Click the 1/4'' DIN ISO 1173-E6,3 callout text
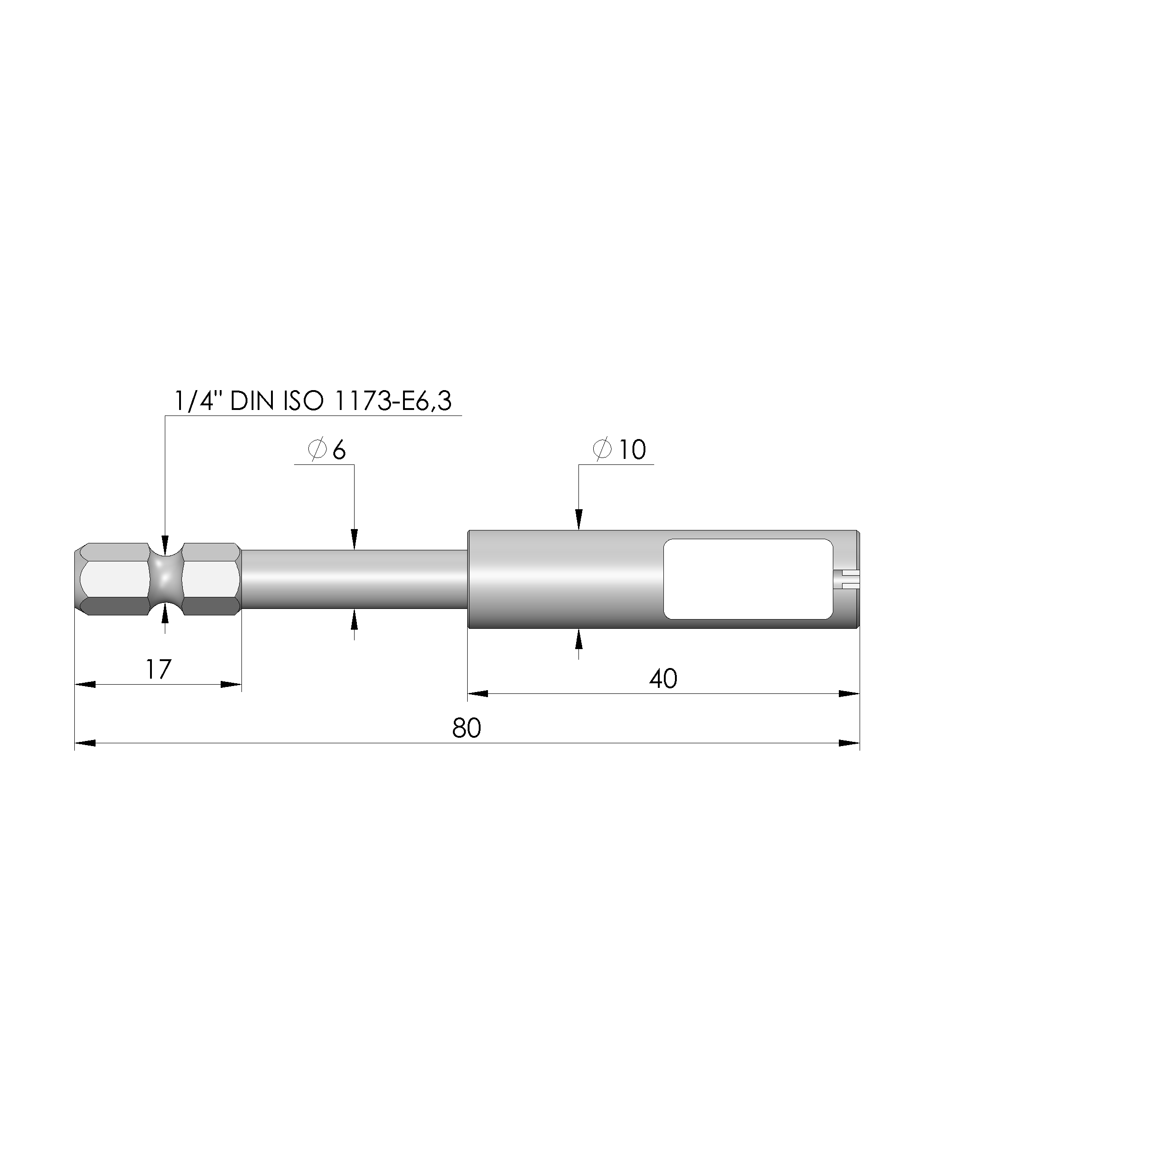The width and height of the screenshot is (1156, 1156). pyautogui.click(x=313, y=401)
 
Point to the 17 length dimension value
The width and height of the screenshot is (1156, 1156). pyautogui.click(x=158, y=669)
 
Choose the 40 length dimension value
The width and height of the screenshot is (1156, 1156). pyautogui.click(x=663, y=679)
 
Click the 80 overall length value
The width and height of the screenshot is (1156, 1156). pyautogui.click(x=467, y=728)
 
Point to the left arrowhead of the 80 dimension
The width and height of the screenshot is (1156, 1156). pyautogui.click(x=85, y=743)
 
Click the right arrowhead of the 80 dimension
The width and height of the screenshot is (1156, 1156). pyautogui.click(x=849, y=743)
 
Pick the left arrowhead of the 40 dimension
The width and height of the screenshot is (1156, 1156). pyautogui.click(x=477, y=693)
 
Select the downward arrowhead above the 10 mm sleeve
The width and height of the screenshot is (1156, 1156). pyautogui.click(x=578, y=519)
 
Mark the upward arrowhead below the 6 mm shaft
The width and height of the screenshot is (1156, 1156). pyautogui.click(x=354, y=620)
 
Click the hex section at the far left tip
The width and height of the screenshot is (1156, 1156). pyautogui.click(x=111, y=579)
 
